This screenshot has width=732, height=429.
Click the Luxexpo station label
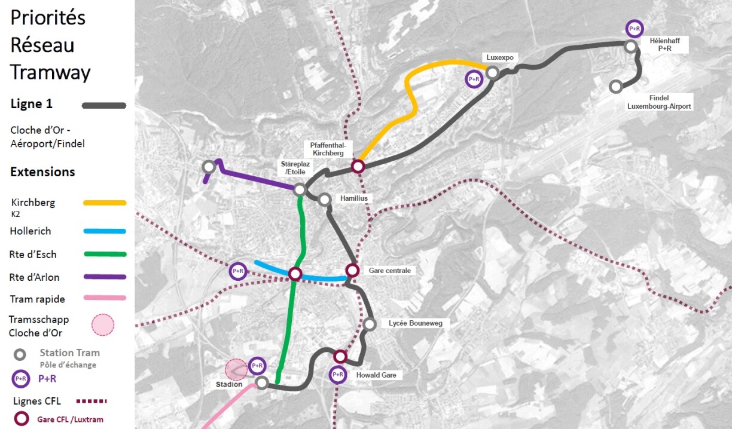click(x=500, y=58)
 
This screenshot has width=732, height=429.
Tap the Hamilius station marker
click(x=325, y=200)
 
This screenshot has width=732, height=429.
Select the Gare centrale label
click(x=389, y=271)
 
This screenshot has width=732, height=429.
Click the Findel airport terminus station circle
click(x=615, y=87)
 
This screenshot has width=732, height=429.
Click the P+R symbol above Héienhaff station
click(x=635, y=29)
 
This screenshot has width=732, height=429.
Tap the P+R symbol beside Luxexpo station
click(x=474, y=79)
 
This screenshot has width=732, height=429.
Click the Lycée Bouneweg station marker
click(x=369, y=324)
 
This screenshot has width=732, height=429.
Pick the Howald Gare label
click(x=376, y=375)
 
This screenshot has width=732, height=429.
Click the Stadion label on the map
click(x=229, y=384)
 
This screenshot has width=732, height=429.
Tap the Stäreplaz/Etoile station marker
click(x=300, y=189)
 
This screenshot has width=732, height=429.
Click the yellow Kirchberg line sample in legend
click(x=105, y=203)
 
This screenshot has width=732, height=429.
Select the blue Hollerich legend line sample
click(x=105, y=231)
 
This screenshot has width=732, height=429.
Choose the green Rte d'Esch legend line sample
click(x=105, y=255)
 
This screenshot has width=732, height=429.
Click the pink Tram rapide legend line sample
click(x=105, y=298)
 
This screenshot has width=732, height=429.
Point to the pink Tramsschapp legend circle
click(x=102, y=324)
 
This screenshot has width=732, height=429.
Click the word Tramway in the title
click(x=50, y=72)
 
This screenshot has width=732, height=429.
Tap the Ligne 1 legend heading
click(x=32, y=104)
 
